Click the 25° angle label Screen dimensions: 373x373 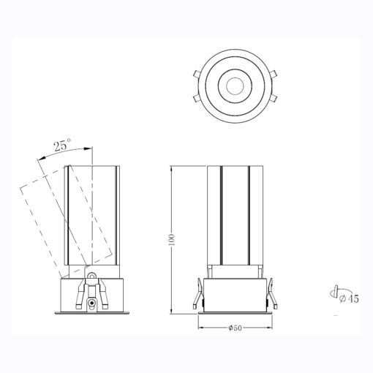point(63,145)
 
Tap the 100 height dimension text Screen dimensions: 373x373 point(172,239)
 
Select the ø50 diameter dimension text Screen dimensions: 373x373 point(235,328)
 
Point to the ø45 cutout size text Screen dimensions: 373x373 point(349,298)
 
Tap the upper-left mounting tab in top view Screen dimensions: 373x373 point(197,74)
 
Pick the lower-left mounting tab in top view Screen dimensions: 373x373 point(197,98)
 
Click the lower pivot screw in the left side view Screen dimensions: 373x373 point(92,303)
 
